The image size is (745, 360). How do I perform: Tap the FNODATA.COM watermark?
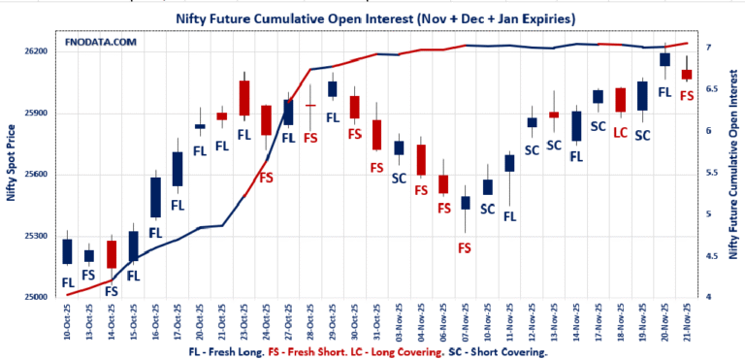click(102, 43)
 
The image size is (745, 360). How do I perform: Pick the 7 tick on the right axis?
click(708, 48)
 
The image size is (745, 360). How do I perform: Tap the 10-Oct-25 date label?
click(67, 321)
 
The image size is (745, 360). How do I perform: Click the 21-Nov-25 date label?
click(687, 321)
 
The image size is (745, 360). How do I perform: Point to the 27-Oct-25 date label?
click(288, 321)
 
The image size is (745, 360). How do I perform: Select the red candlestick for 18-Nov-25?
click(621, 100)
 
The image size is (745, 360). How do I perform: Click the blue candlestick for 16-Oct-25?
click(155, 197)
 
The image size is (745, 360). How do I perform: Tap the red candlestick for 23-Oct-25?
click(244, 98)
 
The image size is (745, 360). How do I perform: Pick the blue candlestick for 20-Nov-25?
click(664, 60)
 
